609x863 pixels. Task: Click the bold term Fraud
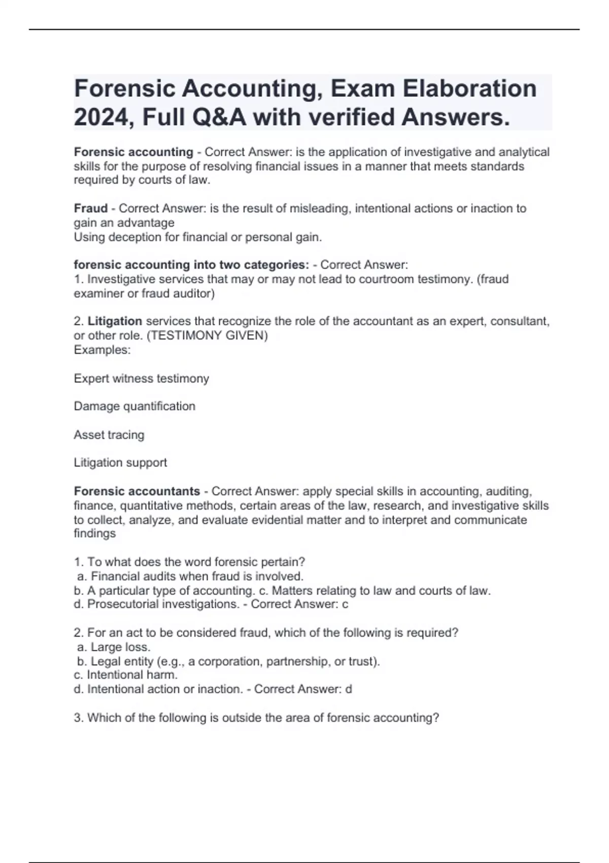pos(91,208)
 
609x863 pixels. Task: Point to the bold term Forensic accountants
pos(137,491)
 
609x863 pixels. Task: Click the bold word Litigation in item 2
pos(115,321)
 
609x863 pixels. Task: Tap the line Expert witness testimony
pos(141,379)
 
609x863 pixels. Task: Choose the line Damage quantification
pos(134,406)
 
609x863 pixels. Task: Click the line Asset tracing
pos(109,435)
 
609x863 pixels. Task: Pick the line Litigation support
pos(120,462)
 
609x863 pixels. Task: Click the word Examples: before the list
pos(102,350)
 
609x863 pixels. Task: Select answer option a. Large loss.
pos(114,647)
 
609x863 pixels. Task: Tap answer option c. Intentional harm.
pos(126,675)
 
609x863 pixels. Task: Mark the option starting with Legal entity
pos(228,661)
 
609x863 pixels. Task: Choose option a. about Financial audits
pos(190,576)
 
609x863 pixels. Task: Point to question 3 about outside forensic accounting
pos(256,718)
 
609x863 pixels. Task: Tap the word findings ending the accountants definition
pos(95,534)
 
